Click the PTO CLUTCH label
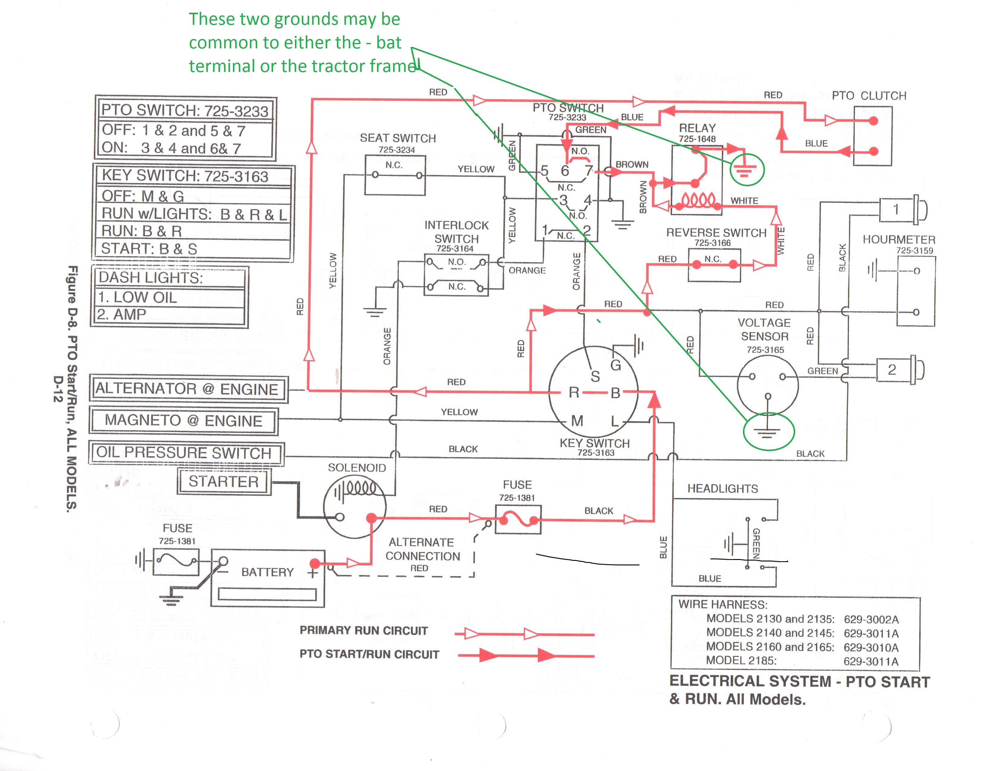point(869,96)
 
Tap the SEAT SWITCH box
point(395,175)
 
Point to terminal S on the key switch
point(595,376)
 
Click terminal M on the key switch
point(577,420)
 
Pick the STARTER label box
point(224,481)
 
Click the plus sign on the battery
point(313,573)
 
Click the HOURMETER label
point(899,239)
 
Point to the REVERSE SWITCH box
point(714,265)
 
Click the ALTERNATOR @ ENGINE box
point(189,389)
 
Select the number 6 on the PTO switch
point(565,171)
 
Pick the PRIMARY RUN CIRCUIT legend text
point(364,631)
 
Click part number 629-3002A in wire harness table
point(871,619)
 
